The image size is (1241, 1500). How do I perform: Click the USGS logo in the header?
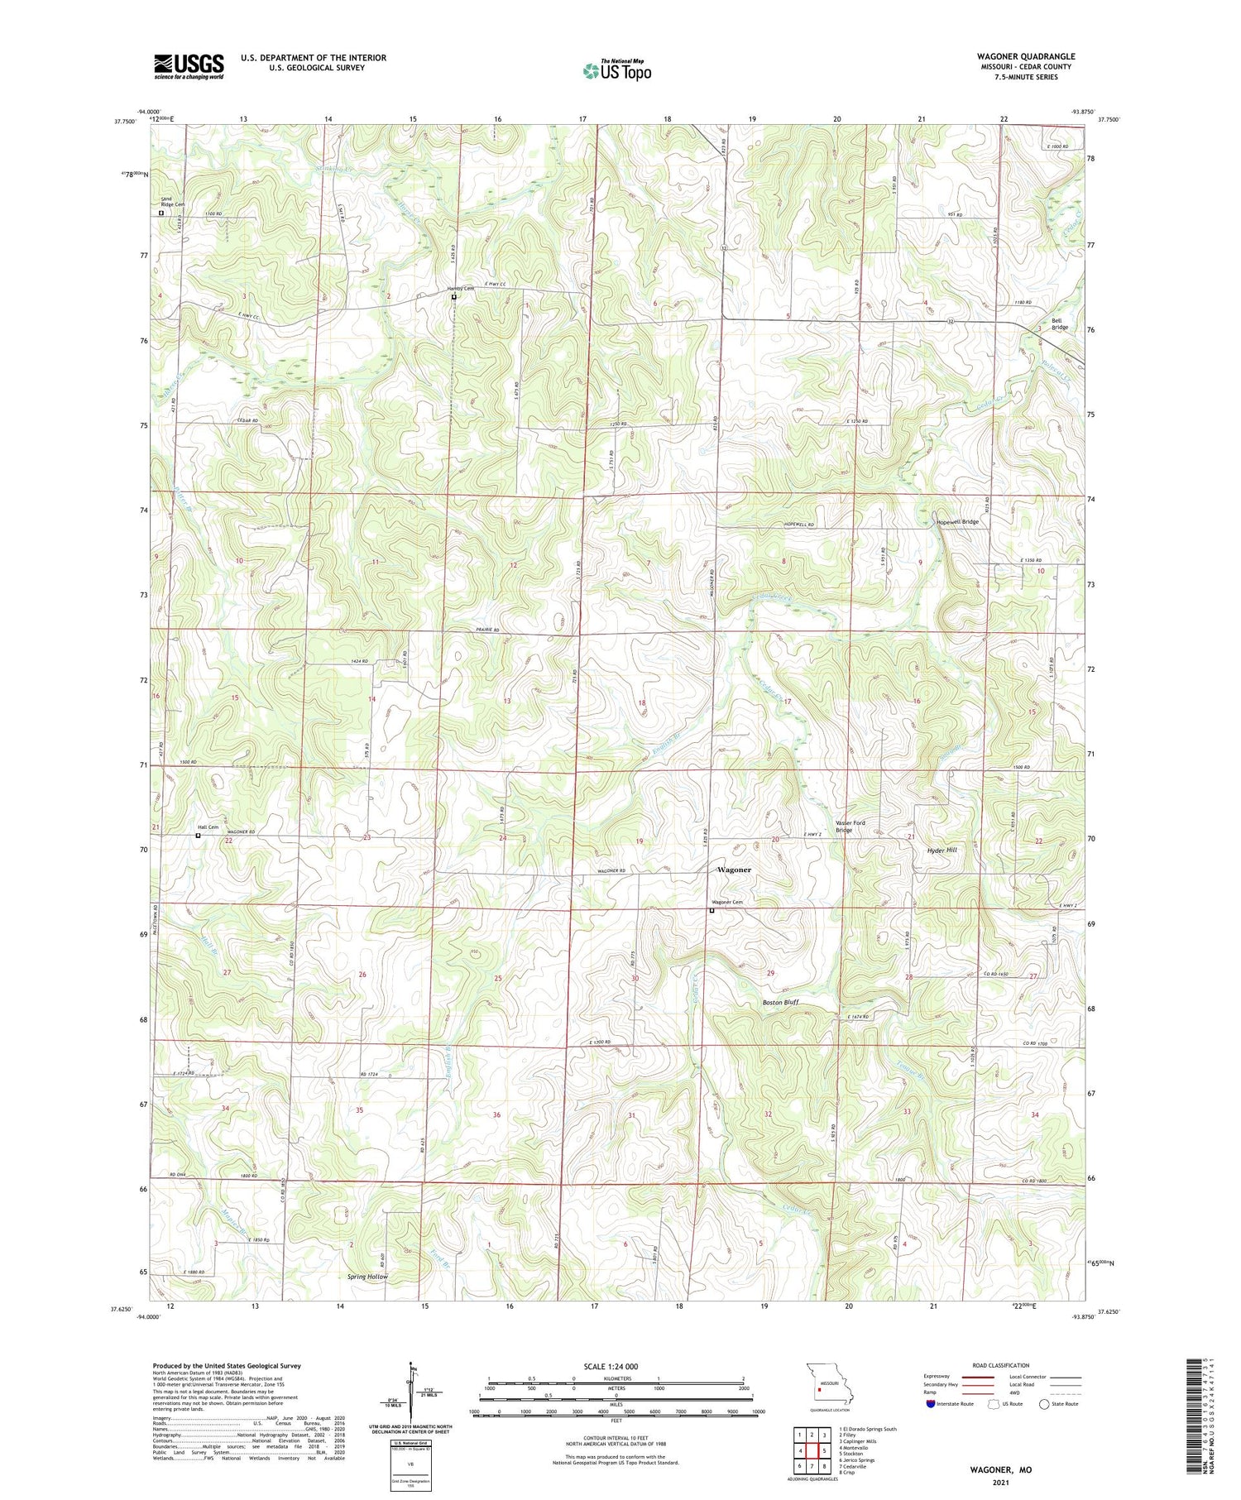tap(189, 66)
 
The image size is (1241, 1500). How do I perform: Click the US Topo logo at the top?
tap(616, 70)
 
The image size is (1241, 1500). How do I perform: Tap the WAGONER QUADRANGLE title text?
tap(1025, 56)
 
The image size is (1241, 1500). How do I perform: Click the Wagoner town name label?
tap(734, 870)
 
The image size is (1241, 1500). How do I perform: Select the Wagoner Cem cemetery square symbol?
tap(712, 911)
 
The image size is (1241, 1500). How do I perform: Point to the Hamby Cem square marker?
tap(453, 296)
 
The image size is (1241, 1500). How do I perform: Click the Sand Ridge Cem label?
tap(173, 202)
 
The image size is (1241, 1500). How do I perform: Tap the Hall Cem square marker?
tap(198, 836)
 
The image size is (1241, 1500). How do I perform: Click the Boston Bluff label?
tap(780, 1002)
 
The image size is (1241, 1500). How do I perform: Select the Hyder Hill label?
tap(941, 850)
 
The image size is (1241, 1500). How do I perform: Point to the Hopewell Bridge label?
tap(957, 522)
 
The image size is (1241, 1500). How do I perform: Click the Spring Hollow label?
tap(367, 1277)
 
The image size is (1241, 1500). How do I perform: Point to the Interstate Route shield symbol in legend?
tap(931, 1404)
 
